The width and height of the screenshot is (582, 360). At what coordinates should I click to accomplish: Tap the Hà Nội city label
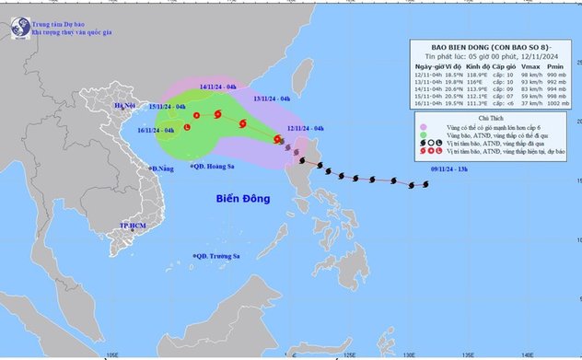[x=123, y=107]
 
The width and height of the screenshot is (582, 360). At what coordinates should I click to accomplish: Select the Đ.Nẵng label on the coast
[x=163, y=168]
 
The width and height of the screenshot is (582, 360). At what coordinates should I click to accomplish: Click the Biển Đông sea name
[x=246, y=199]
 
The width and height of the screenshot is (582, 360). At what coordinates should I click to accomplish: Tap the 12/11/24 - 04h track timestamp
[x=305, y=128]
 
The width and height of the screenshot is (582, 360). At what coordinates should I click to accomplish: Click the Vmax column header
[x=525, y=66]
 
